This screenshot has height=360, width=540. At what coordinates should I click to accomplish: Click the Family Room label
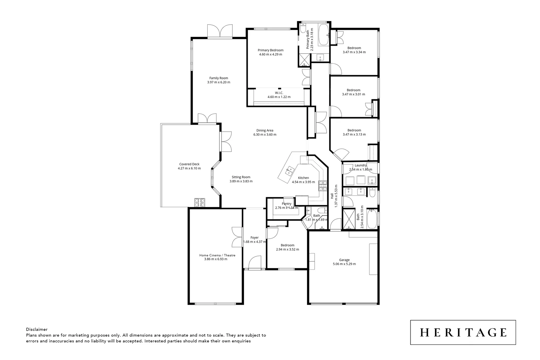pyautogui.click(x=219, y=78)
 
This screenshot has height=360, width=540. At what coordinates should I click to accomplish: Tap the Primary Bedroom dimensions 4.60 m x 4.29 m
pyautogui.click(x=270, y=54)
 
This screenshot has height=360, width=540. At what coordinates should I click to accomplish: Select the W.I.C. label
pyautogui.click(x=279, y=93)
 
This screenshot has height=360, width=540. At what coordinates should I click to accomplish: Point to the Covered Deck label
pyautogui.click(x=189, y=164)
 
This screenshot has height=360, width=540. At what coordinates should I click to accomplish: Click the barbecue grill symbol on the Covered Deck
pyautogui.click(x=200, y=202)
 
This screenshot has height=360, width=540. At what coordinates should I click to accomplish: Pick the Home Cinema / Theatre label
pyautogui.click(x=217, y=255)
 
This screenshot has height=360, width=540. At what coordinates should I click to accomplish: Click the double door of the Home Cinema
pyautogui.click(x=237, y=237)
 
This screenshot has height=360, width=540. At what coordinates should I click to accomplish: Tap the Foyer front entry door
pyautogui.click(x=255, y=262)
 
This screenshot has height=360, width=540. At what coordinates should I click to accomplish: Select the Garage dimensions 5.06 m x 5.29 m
pyautogui.click(x=344, y=264)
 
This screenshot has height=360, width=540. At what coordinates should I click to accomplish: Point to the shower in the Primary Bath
pyautogui.click(x=304, y=59)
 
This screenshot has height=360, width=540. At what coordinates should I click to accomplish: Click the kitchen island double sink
pyautogui.click(x=289, y=171)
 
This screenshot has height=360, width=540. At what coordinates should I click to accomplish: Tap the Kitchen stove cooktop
pyautogui.click(x=323, y=185)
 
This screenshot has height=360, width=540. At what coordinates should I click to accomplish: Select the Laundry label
pyautogui.click(x=361, y=165)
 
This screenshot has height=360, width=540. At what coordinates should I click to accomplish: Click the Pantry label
pyautogui.click(x=287, y=204)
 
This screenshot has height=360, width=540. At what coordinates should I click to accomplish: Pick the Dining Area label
pyautogui.click(x=265, y=130)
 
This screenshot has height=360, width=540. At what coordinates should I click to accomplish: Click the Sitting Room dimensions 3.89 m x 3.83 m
pyautogui.click(x=241, y=181)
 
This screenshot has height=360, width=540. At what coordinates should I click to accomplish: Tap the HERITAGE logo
pyautogui.click(x=463, y=332)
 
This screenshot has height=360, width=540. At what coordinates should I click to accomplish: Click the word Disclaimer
pyautogui.click(x=37, y=329)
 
